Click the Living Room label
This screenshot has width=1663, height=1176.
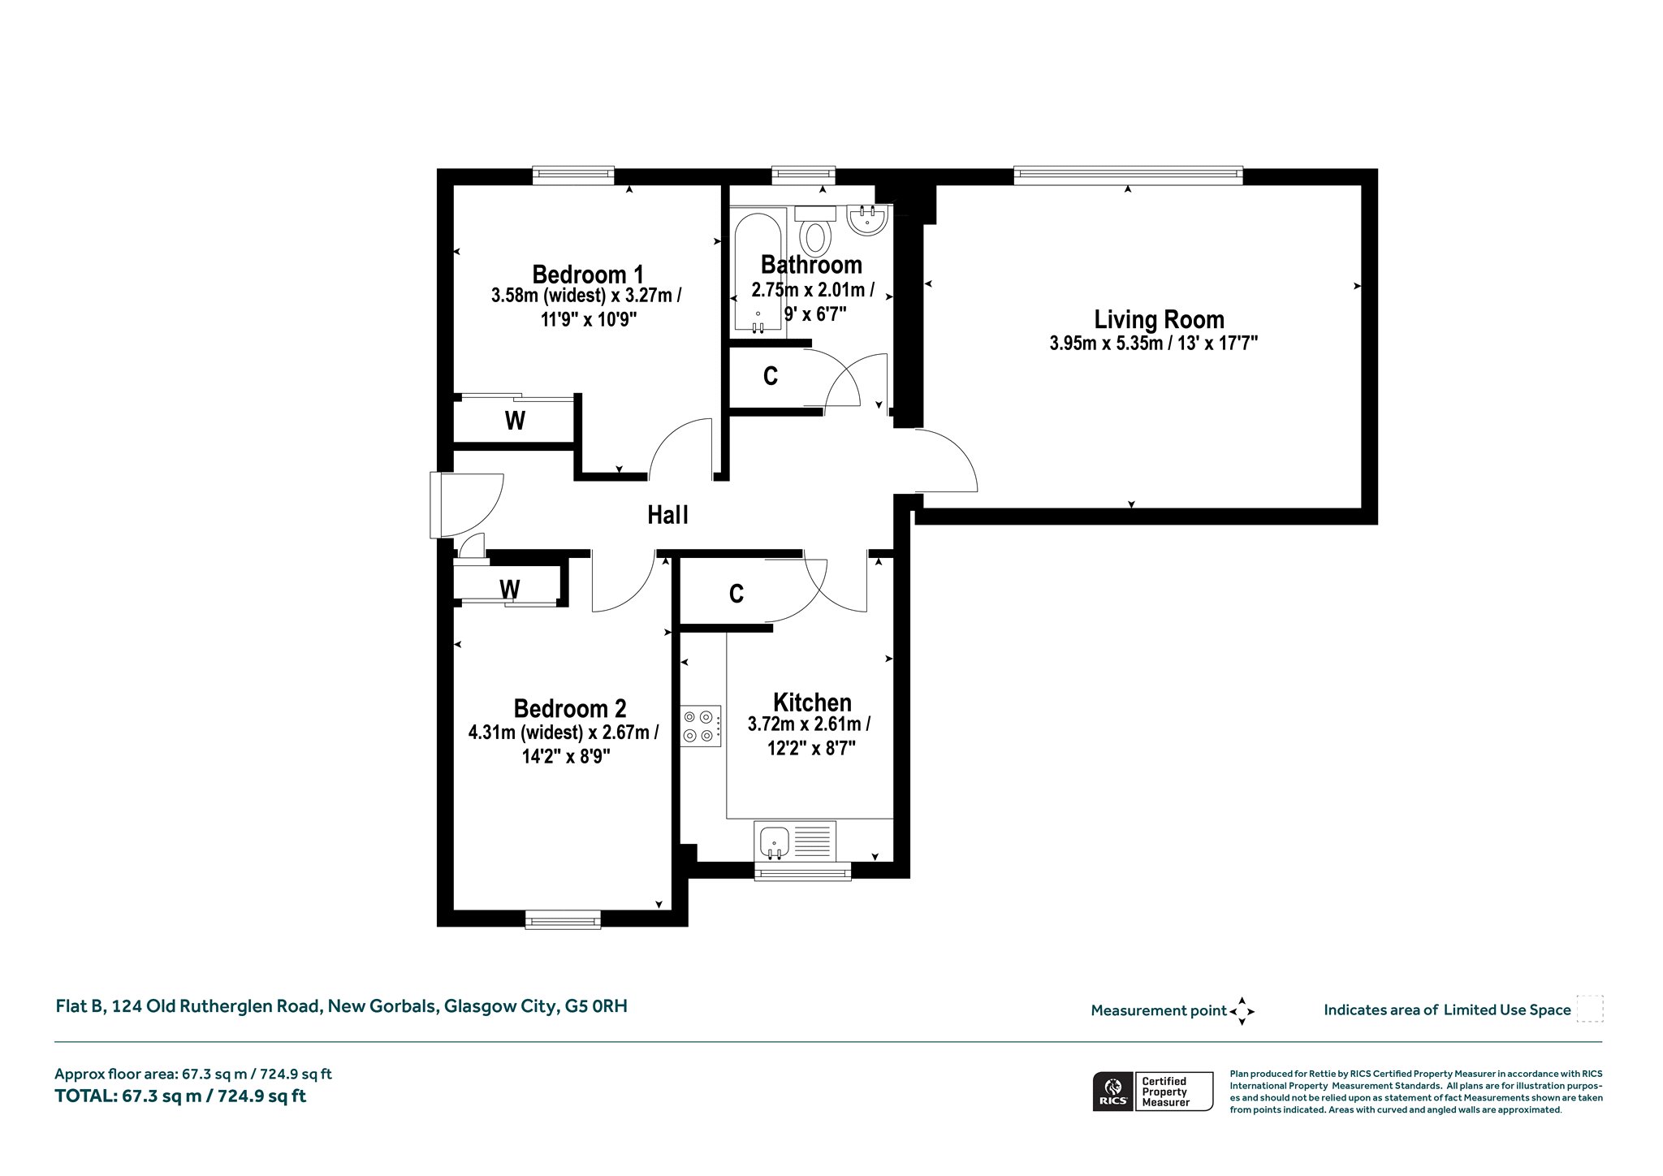[1159, 319]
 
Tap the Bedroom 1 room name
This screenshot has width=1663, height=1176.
[588, 274]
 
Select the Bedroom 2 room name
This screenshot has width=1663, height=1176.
[570, 708]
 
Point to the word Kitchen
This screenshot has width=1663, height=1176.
[812, 702]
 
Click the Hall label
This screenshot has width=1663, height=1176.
[668, 514]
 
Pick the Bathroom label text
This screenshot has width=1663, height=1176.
[811, 265]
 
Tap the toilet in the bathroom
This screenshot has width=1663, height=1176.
[814, 231]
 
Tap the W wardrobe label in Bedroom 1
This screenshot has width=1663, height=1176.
[515, 421]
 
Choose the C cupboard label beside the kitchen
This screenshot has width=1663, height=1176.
[736, 594]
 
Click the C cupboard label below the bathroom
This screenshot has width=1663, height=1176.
[771, 376]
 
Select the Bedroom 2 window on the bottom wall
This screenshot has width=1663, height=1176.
[563, 919]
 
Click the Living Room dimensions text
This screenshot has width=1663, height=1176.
[1154, 344]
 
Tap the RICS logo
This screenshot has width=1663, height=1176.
[1111, 1091]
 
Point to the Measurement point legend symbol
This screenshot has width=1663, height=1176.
[1242, 1011]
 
